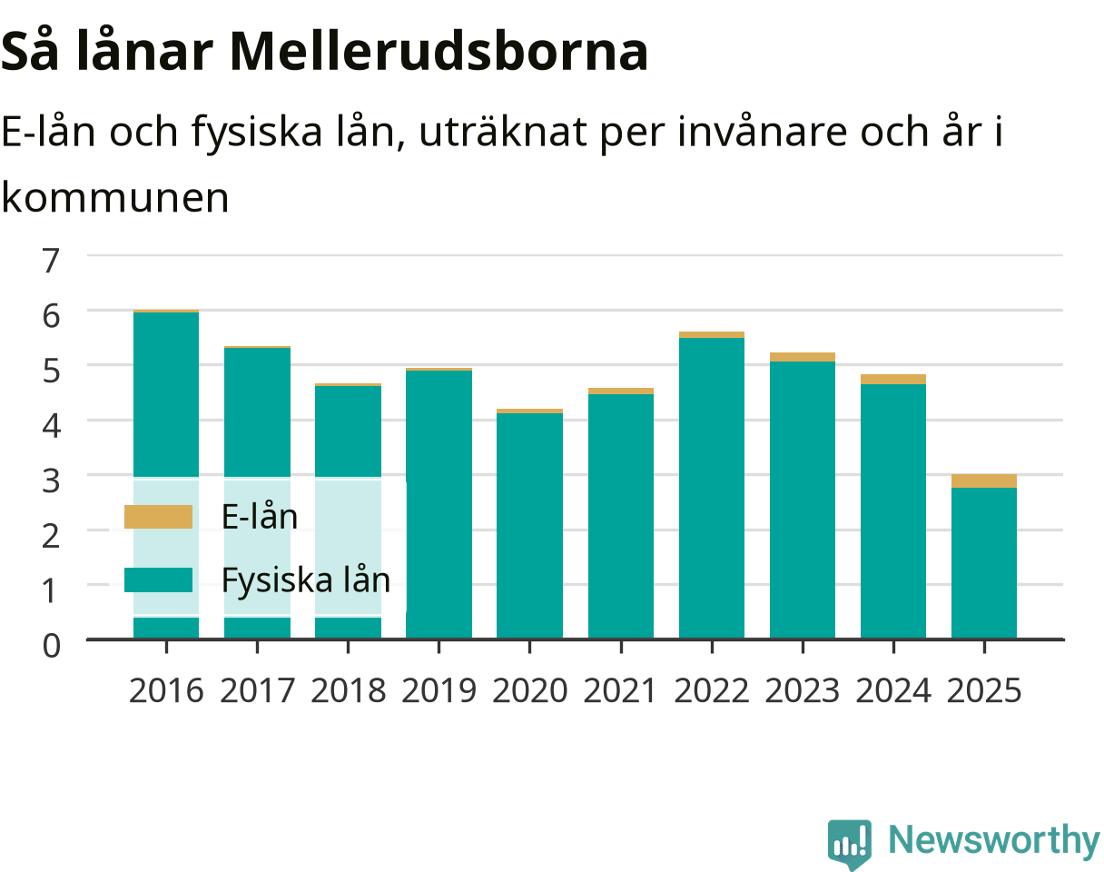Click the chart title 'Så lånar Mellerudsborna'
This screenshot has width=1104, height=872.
click(x=324, y=53)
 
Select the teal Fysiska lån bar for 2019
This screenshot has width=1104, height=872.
click(x=439, y=504)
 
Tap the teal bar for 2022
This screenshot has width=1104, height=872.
click(x=712, y=488)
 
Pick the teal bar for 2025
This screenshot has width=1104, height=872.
click(x=984, y=563)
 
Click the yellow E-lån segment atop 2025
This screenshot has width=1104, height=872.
click(x=984, y=481)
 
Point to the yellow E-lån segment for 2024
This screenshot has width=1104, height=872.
click(x=893, y=380)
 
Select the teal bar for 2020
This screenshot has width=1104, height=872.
click(x=529, y=526)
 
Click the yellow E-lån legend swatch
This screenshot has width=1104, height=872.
click(x=159, y=517)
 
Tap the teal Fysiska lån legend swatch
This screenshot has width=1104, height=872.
click(x=159, y=580)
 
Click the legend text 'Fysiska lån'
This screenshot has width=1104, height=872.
click(x=306, y=580)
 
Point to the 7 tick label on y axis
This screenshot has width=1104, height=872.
click(x=51, y=261)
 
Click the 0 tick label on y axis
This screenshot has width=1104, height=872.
click(x=52, y=646)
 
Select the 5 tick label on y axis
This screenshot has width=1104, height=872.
click(x=52, y=371)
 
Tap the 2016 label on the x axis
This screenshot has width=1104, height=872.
click(x=166, y=691)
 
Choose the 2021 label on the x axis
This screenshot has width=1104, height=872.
click(x=620, y=691)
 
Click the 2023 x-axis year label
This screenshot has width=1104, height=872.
click(x=803, y=691)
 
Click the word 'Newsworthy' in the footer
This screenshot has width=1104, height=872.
click(x=994, y=840)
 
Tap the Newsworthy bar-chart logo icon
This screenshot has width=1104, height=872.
click(x=850, y=843)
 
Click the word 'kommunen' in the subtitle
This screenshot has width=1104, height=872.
click(x=115, y=198)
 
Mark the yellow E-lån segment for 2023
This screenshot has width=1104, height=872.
click(x=803, y=357)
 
